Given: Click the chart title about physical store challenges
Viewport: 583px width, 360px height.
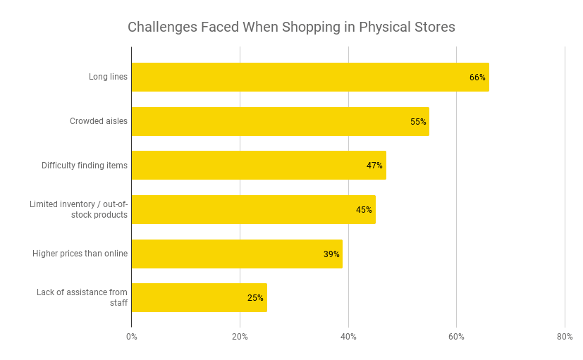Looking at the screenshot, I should coord(291,27).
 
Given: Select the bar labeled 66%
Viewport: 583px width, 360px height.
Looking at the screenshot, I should coord(310,77).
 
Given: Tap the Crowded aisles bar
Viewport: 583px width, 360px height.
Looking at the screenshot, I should coord(280,121).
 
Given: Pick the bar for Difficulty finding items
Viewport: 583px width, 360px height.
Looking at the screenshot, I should coord(259,165).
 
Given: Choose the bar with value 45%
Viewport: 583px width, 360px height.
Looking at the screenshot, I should coord(253,209).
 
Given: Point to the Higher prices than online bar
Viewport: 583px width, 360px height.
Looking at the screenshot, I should coord(237,254).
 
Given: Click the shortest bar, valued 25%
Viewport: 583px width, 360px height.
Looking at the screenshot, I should coord(199,297).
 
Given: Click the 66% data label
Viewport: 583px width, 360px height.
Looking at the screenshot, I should coord(477,77).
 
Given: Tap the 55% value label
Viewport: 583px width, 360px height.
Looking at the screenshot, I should coord(418,122).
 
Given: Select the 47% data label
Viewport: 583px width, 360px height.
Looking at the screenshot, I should coord(374,166).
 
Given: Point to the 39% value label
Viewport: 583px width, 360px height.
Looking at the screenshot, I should coord(331,254).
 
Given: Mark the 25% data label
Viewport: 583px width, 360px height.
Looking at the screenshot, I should coord(255,298).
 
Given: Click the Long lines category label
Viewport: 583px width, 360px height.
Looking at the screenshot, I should coord(109,77).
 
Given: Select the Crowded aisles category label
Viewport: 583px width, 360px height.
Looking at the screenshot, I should coord(99,121).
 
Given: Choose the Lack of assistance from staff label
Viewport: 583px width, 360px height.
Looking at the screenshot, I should coord(82,297).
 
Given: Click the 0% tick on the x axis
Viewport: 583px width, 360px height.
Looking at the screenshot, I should coord(132,337).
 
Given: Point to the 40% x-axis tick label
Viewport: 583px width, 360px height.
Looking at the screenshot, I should coord(348,337).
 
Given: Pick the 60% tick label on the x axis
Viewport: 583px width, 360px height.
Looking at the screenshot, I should coord(456,337).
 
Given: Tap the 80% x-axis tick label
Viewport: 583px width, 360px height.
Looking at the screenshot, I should coord(564,337).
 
